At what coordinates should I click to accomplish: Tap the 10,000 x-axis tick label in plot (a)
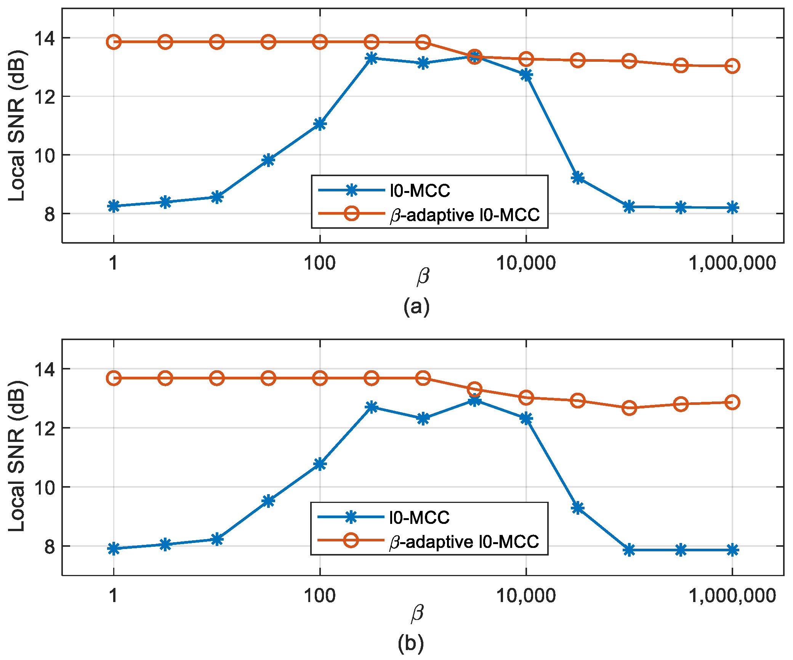(526, 263)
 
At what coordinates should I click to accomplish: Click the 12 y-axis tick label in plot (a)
(45, 96)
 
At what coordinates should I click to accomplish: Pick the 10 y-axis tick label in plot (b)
(45, 487)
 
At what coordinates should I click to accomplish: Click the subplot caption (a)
(416, 306)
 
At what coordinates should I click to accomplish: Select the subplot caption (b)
(410, 643)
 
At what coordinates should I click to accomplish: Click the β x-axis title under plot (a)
(423, 276)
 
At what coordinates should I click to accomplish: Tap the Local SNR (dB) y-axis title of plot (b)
(17, 456)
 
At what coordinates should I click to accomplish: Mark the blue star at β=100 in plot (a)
(320, 124)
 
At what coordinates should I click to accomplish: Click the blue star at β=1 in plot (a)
(114, 206)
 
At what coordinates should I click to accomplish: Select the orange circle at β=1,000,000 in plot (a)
(732, 66)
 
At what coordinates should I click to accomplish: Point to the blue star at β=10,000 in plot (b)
(526, 419)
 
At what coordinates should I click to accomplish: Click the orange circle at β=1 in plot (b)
(114, 378)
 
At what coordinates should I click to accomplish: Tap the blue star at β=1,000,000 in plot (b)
(732, 550)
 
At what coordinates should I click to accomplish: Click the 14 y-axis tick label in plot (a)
(45, 38)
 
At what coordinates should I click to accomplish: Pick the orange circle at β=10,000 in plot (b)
(526, 397)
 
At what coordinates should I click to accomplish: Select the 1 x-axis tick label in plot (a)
(113, 263)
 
